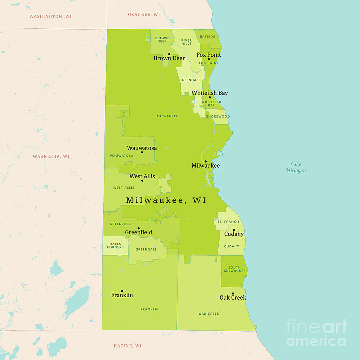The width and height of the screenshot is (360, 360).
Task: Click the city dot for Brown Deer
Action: point(169,54)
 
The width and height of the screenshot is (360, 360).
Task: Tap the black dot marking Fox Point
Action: point(208,59)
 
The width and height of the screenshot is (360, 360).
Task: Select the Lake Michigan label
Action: point(296,168)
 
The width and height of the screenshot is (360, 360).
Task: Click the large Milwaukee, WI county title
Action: point(166,200)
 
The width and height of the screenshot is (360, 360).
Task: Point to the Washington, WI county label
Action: point(51,16)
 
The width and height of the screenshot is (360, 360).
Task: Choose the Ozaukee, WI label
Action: point(144,14)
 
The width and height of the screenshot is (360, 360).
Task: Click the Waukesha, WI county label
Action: point(51,156)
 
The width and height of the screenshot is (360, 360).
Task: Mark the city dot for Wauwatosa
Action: point(142,152)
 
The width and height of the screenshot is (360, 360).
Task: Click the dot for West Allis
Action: point(142,180)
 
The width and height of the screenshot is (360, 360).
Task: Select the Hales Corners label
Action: point(115,246)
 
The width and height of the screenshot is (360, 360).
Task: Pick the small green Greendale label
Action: point(146,249)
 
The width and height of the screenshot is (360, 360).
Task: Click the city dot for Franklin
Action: point(122,291)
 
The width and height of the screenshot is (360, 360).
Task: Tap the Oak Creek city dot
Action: point(232,294)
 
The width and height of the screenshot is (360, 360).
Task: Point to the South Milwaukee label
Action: point(234,269)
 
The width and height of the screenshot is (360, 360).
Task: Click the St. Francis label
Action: point(228,222)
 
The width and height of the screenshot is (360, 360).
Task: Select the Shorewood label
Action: point(218,116)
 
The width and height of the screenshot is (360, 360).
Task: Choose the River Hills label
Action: point(186,42)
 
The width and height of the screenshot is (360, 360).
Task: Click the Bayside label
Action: point(207,37)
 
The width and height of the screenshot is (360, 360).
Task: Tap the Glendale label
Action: point(191,80)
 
